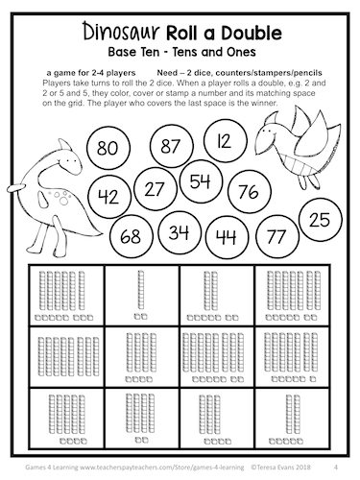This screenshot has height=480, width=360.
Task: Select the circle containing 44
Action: pos(227,235)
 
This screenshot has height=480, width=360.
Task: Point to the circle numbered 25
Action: pos(321,219)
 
